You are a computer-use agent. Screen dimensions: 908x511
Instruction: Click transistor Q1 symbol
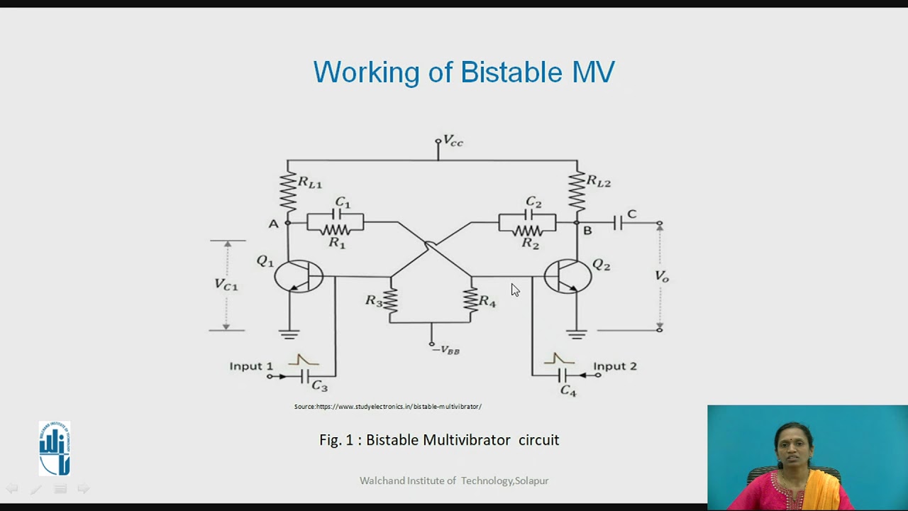[299, 276]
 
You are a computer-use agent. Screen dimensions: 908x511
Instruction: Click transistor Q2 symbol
[567, 276]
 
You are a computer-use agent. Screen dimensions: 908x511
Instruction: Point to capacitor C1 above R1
[337, 214]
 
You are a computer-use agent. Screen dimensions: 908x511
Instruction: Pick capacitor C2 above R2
[528, 214]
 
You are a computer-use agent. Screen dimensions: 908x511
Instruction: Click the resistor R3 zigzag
[389, 301]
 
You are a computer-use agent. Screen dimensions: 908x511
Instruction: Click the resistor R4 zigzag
[470, 300]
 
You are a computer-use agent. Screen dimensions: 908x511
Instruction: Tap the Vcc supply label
[452, 141]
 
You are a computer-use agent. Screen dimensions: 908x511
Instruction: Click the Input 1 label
[250, 366]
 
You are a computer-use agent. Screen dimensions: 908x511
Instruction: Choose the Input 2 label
[615, 366]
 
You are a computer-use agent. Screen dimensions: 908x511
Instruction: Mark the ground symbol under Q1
[289, 334]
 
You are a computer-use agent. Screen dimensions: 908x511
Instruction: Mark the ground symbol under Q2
[577, 334]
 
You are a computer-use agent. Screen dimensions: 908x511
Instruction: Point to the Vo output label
[661, 276]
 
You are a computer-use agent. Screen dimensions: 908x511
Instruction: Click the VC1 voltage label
[226, 285]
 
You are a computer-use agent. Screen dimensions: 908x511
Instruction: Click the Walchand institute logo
[55, 448]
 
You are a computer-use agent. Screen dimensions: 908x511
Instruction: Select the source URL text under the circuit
[387, 407]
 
